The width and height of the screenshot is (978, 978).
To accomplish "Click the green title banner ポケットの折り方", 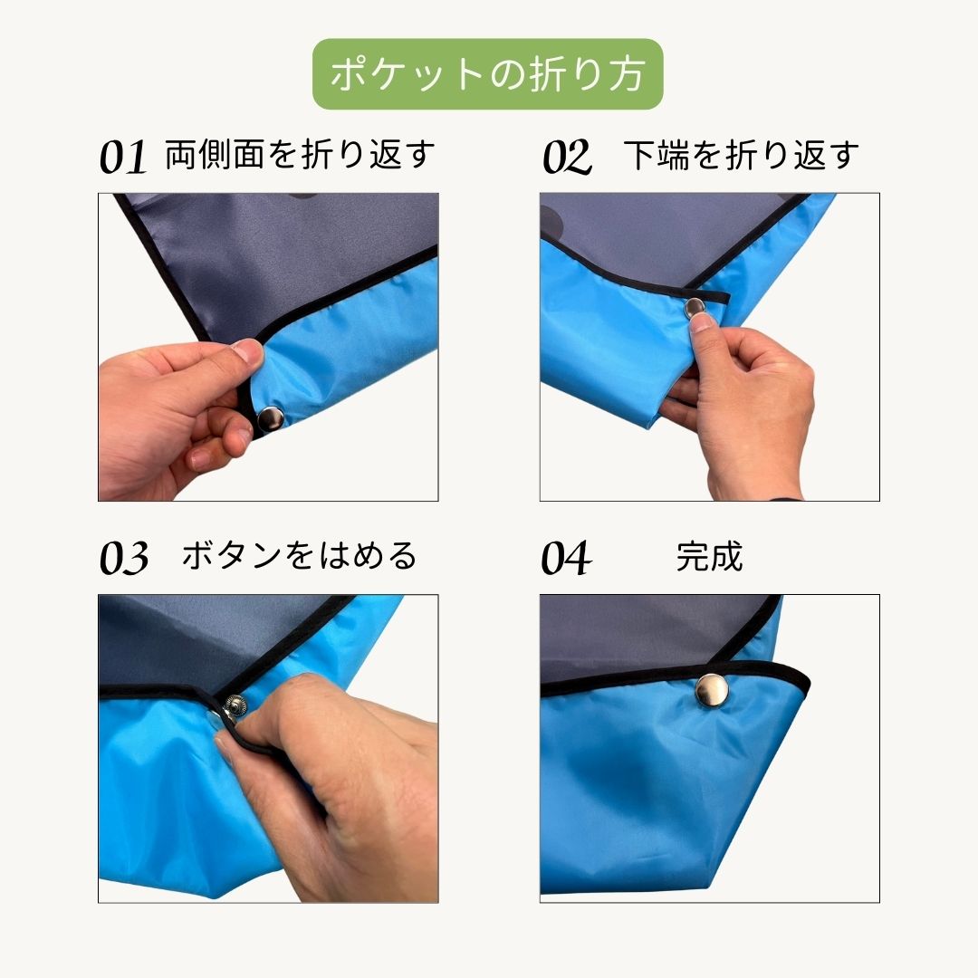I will click(x=488, y=74).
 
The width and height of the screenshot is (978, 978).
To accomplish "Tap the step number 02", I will click(x=567, y=158).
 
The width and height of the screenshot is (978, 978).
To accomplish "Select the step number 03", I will click(x=124, y=558).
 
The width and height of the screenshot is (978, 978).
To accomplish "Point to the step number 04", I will click(x=566, y=558).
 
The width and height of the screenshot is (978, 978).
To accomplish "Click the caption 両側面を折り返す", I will click(x=300, y=156).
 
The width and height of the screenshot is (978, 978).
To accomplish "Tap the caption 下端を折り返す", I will click(x=741, y=156).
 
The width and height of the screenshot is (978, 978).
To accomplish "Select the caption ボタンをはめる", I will click(x=300, y=555).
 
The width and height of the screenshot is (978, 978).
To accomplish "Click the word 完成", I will click(x=709, y=556).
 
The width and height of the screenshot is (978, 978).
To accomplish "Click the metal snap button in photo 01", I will click(x=271, y=418).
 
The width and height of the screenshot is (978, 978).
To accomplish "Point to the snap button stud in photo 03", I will click(x=236, y=704).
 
